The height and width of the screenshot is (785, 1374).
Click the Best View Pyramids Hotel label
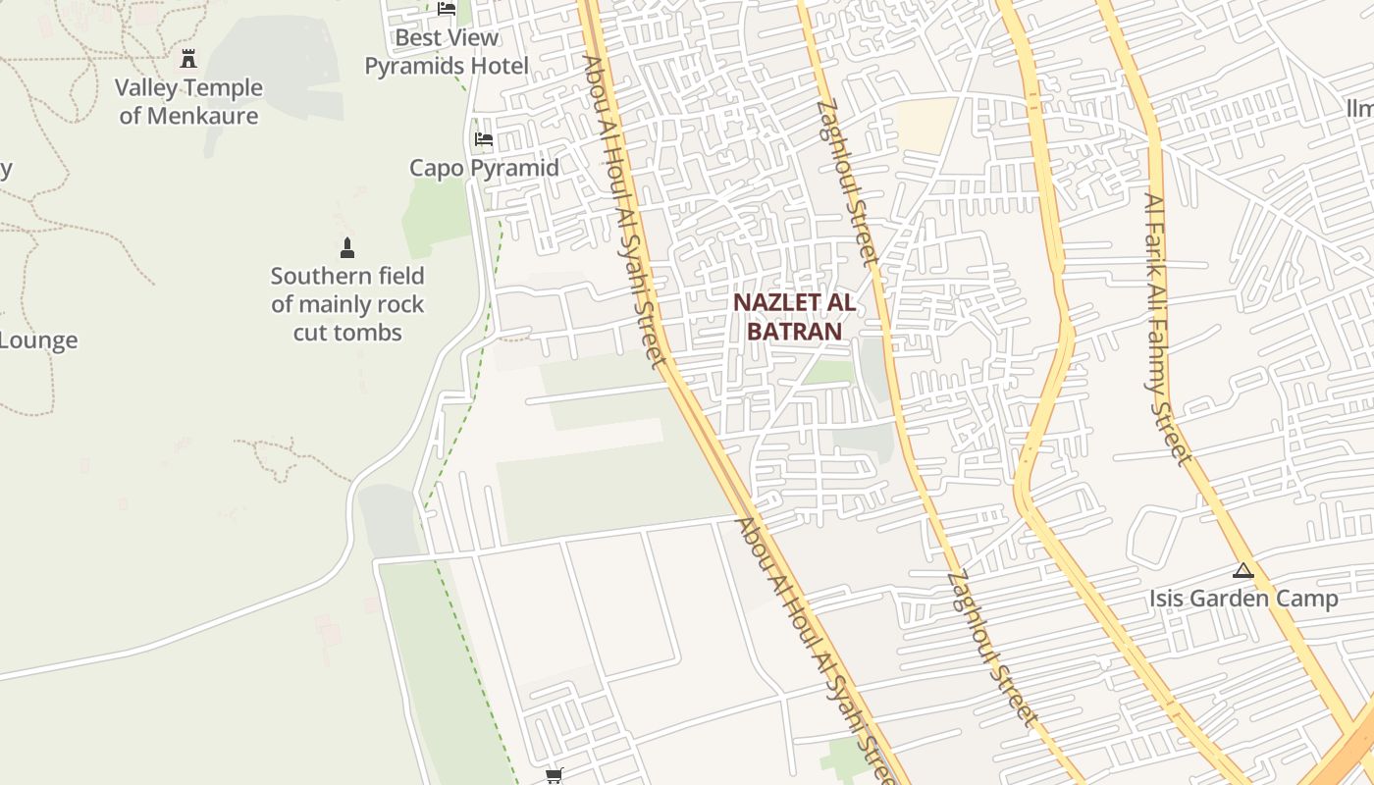[447, 52]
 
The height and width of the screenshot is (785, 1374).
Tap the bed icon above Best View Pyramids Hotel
[447, 9]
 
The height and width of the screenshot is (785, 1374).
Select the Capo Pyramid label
[484, 168]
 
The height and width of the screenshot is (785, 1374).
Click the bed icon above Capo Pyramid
[484, 139]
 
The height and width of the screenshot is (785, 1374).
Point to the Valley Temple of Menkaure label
[188, 101]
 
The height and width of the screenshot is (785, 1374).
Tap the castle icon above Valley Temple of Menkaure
[188, 59]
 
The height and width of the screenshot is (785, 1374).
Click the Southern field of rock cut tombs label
[347, 304]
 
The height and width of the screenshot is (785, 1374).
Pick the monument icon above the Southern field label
[346, 247]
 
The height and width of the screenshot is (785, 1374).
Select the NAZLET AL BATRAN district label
[794, 317]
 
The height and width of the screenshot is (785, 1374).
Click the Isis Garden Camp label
[1243, 599]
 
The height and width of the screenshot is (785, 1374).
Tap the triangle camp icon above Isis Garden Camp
[1243, 570]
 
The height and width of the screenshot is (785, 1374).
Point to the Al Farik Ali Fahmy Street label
[1168, 329]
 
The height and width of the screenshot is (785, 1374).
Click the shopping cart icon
[555, 776]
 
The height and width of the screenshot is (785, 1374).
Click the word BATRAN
[794, 331]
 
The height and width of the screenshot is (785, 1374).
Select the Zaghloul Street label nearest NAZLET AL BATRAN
[847, 183]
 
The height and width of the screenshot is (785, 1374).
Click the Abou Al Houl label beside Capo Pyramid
[624, 211]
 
